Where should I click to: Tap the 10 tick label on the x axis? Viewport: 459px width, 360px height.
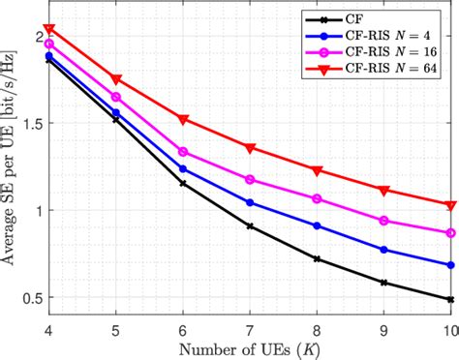(x=448, y=327)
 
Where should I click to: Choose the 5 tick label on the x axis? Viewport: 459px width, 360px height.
(x=116, y=327)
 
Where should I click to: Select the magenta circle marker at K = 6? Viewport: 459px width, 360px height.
(x=183, y=152)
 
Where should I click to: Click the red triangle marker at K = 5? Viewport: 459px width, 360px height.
(x=116, y=79)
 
